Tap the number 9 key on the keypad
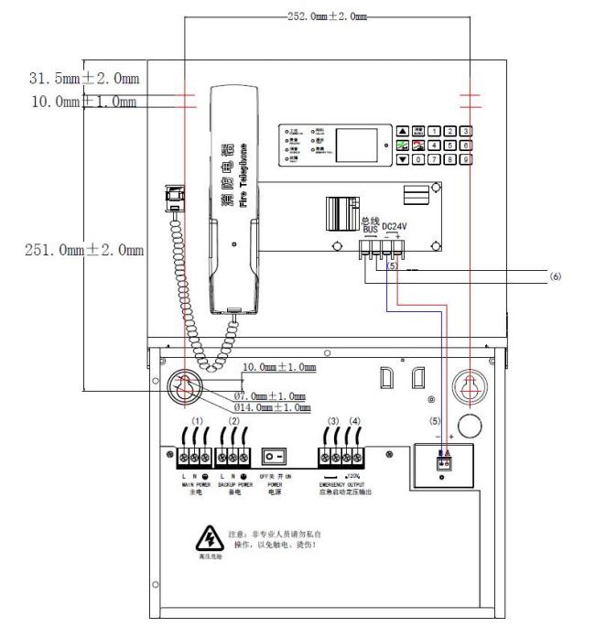click(x=466, y=159)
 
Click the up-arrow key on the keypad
click(x=401, y=132)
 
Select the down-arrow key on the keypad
click(x=401, y=159)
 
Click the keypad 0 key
click(x=417, y=159)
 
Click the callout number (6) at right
click(x=555, y=276)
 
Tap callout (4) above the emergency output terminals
click(x=355, y=421)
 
